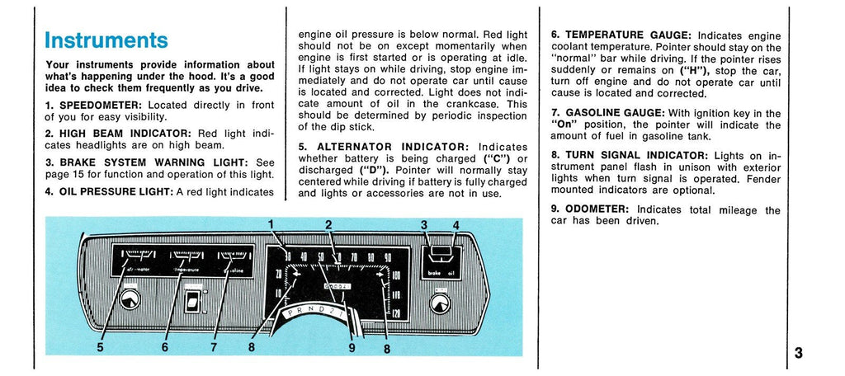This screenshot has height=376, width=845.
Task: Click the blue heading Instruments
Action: pyautogui.click(x=106, y=40)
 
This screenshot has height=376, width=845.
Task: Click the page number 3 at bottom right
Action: pyautogui.click(x=798, y=353)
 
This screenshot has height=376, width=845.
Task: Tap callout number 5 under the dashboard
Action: pyautogui.click(x=100, y=347)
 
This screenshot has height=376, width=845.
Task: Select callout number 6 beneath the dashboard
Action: pyautogui.click(x=165, y=347)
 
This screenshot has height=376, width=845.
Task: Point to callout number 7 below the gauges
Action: pyautogui.click(x=213, y=347)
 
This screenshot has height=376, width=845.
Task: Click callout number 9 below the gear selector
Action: pyautogui.click(x=351, y=347)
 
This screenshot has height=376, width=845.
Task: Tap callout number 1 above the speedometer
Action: pyautogui.click(x=271, y=223)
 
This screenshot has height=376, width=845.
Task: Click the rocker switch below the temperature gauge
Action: pyautogui.click(x=195, y=300)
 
